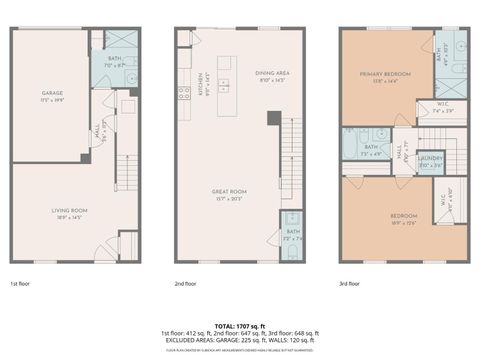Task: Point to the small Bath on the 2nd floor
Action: (290, 236)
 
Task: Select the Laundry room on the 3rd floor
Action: (430, 161)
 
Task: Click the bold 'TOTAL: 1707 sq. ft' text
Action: (239, 326)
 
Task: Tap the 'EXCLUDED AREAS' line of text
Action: (239, 340)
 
